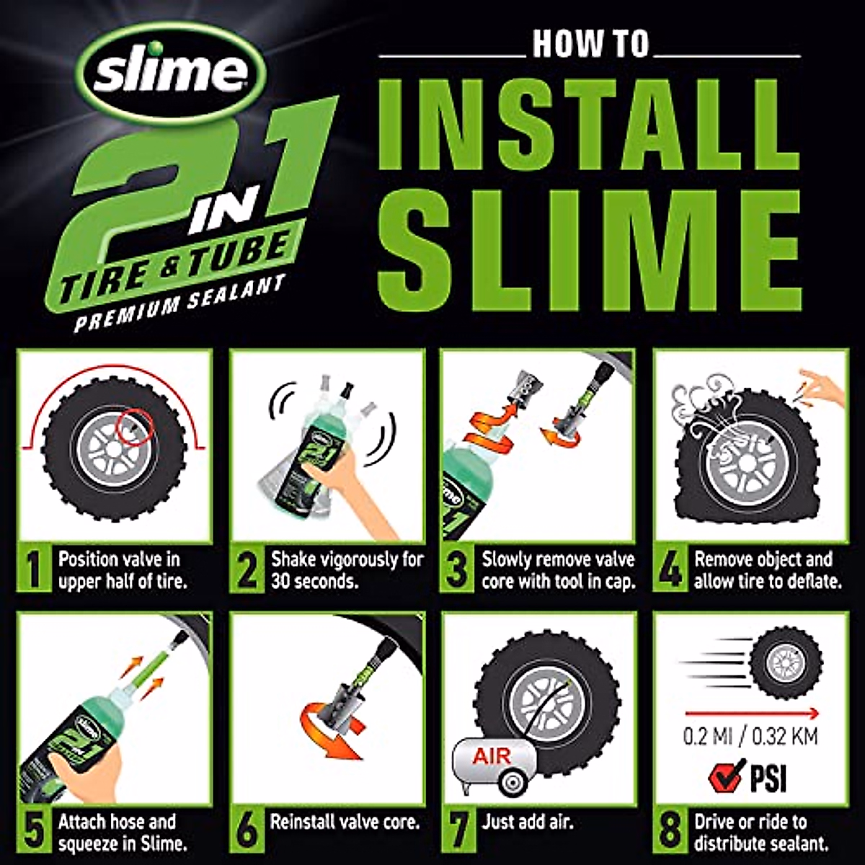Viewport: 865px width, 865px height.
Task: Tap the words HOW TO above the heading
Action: (x=591, y=45)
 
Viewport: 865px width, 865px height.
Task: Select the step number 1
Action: (x=34, y=570)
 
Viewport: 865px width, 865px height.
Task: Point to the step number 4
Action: (x=670, y=570)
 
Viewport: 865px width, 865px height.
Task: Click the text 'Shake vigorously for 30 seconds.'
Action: (x=347, y=569)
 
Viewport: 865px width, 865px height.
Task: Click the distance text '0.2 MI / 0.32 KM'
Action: (x=750, y=737)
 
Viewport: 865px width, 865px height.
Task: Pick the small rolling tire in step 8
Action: (x=785, y=663)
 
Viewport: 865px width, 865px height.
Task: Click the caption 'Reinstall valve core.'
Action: (x=345, y=822)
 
